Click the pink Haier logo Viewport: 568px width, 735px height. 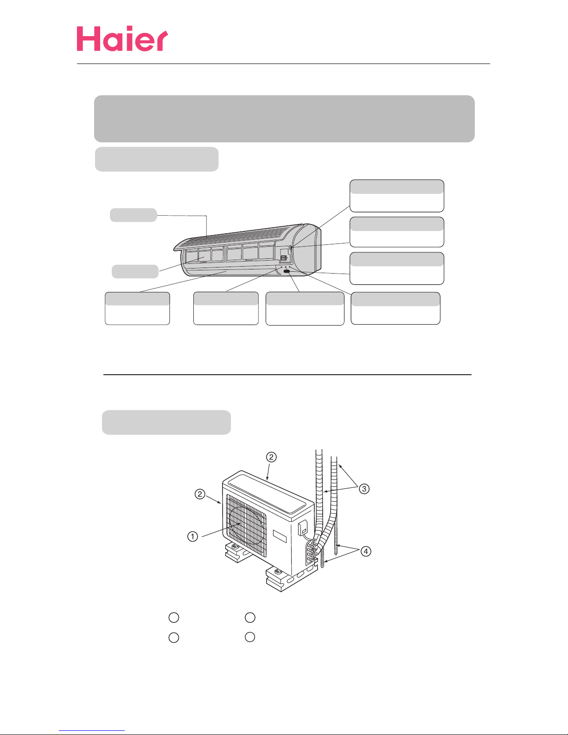[x=122, y=38]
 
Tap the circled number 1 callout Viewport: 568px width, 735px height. [x=193, y=537]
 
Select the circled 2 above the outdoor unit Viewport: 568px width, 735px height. [x=271, y=457]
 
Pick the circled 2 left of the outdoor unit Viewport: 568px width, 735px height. [x=200, y=494]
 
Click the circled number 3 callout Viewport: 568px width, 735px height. [x=364, y=489]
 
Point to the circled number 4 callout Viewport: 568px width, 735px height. [x=366, y=551]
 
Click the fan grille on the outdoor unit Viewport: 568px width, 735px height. [x=246, y=525]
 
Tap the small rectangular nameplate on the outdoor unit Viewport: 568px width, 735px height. [x=280, y=537]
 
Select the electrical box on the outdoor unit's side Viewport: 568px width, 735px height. [x=302, y=528]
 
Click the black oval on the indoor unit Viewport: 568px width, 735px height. [x=287, y=271]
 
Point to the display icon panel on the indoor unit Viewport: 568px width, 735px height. [x=283, y=259]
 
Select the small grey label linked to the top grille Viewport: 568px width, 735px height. [x=134, y=215]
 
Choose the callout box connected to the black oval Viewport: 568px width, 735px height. [x=305, y=309]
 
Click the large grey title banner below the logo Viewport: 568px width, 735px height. [x=284, y=119]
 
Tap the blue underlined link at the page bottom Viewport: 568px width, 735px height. [x=92, y=730]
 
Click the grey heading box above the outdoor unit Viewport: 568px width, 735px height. [x=166, y=422]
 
